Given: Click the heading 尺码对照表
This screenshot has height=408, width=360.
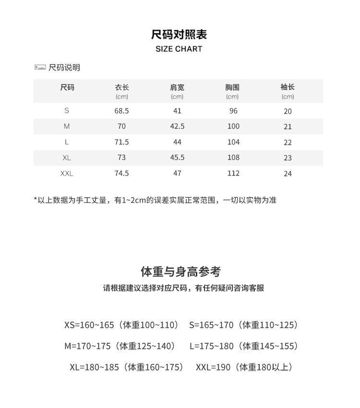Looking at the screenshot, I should [x=179, y=35].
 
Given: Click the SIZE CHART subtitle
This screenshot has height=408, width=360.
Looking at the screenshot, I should [x=179, y=49].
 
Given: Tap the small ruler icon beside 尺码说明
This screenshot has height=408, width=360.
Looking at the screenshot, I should [x=40, y=67].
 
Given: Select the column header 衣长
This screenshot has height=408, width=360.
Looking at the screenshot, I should [x=122, y=87].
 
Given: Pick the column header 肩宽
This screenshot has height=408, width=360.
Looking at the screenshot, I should [x=177, y=87].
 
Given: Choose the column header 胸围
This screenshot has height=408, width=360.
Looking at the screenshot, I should [x=232, y=87].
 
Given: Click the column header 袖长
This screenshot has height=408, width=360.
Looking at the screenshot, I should [x=288, y=87].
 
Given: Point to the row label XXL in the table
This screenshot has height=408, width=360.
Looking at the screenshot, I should [x=67, y=173].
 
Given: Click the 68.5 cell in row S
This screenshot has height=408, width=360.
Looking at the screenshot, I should [x=122, y=111].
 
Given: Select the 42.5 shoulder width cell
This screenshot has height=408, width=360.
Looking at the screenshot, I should [x=177, y=126].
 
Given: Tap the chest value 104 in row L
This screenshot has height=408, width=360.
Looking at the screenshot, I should [x=233, y=142].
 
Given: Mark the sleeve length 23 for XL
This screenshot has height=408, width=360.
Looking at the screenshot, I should [x=288, y=158].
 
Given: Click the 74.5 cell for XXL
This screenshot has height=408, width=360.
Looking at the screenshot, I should [x=122, y=173].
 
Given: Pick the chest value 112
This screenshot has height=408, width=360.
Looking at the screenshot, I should [x=233, y=173].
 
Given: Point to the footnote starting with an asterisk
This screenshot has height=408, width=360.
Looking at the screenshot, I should [x=155, y=200].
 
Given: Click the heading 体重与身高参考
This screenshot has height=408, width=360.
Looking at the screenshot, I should [x=180, y=272].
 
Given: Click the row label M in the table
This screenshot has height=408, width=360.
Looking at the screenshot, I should [x=67, y=126].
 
